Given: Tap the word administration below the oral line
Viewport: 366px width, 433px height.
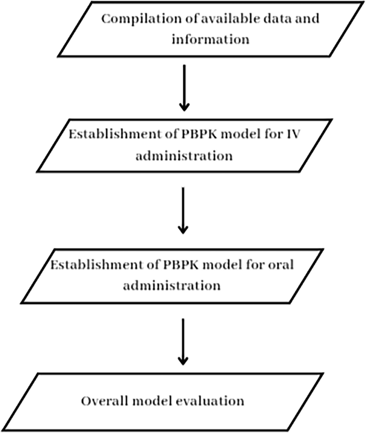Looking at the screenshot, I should tap(171, 285).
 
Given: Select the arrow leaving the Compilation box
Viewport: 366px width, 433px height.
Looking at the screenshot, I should tap(183, 88).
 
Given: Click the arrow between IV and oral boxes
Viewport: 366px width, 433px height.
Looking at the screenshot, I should tap(183, 211).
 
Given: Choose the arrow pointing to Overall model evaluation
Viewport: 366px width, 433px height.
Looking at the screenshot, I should tap(183, 342).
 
